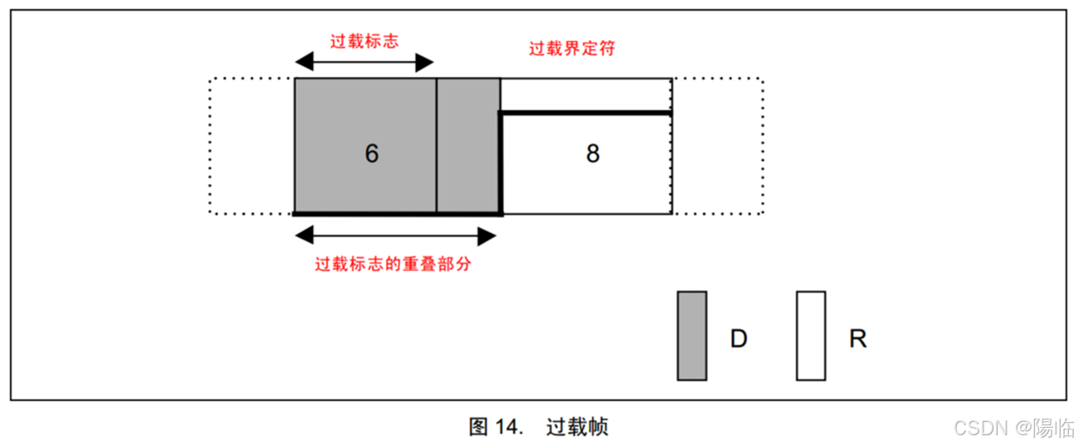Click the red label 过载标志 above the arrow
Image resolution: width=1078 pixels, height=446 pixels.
(x=364, y=41)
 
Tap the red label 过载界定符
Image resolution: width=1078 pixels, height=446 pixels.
(x=572, y=48)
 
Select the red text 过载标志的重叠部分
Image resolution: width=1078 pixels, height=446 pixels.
(x=393, y=264)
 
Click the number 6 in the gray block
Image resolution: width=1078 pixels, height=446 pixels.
(x=371, y=153)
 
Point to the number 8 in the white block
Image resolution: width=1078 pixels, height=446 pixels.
(x=592, y=154)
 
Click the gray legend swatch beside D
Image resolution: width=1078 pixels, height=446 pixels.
(x=692, y=336)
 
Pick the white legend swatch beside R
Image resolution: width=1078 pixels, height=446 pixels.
(x=810, y=336)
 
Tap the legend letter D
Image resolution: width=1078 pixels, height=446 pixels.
(x=738, y=338)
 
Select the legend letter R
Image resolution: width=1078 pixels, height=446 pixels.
(x=857, y=338)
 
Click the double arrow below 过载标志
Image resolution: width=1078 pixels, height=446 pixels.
(x=364, y=62)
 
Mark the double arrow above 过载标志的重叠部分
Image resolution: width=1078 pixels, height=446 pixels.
(x=396, y=236)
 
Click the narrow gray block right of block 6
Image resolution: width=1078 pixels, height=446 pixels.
(x=468, y=145)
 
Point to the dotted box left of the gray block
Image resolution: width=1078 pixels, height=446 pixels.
(x=251, y=146)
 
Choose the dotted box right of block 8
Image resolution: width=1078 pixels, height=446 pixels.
(x=717, y=146)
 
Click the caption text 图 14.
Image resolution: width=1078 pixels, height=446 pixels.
(x=496, y=427)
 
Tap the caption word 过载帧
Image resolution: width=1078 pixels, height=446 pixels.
(x=577, y=427)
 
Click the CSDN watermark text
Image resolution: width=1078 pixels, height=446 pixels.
(x=981, y=428)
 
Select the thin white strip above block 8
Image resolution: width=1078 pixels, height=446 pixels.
(x=585, y=95)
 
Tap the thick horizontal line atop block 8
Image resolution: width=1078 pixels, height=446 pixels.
(x=585, y=112)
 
